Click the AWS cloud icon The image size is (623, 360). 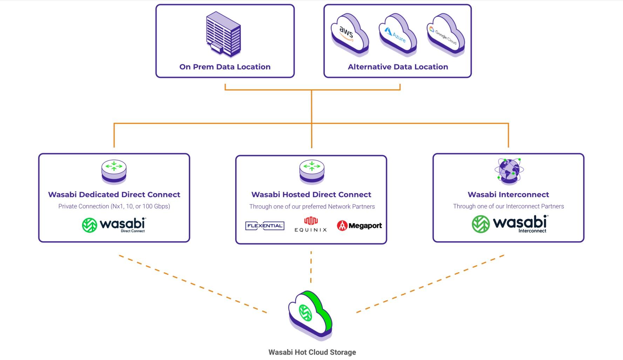click(349, 35)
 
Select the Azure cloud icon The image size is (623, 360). click(397, 35)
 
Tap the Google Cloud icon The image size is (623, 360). click(445, 35)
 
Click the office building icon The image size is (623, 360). click(224, 34)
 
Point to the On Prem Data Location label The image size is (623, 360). click(225, 67)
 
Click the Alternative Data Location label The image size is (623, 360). click(398, 67)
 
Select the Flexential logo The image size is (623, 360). click(265, 226)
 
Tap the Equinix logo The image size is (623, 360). click(311, 225)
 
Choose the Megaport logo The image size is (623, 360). click(359, 226)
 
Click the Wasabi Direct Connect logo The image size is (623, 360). click(114, 225)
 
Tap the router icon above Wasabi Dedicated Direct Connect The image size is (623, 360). click(114, 171)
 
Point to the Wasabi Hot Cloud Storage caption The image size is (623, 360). click(312, 352)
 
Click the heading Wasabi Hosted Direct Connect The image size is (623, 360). click(311, 195)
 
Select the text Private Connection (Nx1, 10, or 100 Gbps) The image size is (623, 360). click(114, 206)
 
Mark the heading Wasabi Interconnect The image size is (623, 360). click(508, 195)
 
